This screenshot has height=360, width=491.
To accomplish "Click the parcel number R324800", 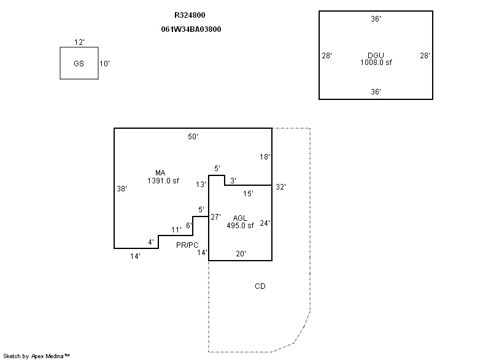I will [190, 15].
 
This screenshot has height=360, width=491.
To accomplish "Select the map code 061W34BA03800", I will [190, 29].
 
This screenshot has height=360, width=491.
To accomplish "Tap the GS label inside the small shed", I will [79, 64].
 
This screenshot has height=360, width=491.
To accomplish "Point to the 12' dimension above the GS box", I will [79, 42].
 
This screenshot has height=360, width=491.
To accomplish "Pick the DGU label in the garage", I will [376, 56].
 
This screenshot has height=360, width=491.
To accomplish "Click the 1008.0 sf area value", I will [376, 63].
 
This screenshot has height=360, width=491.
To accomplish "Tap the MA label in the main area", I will [161, 173].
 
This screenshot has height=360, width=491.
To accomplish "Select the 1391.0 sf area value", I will [163, 181].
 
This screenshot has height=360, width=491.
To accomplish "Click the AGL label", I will [240, 218].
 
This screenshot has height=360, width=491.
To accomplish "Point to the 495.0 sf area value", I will [240, 225].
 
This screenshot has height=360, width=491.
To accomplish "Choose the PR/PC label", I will [187, 245].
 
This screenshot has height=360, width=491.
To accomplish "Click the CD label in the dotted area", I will [260, 286].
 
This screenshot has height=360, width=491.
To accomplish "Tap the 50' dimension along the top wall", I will [193, 137].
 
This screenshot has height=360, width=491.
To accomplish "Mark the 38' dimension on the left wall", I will [122, 189].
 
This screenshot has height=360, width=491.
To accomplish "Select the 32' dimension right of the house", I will [281, 186].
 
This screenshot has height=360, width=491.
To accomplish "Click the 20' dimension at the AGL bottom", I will [241, 253].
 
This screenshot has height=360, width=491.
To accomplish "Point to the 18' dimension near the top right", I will [265, 157].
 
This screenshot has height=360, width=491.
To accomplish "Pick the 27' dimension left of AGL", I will [215, 216].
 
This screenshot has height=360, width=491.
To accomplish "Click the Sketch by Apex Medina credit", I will [36, 356].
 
